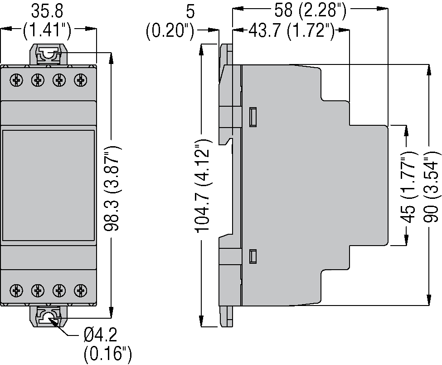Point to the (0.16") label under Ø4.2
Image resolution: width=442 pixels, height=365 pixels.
(107, 354)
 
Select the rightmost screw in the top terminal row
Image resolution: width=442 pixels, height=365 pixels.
(81, 80)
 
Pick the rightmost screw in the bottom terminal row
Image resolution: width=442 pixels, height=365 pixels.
(81, 289)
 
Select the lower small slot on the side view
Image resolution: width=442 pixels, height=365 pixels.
(254, 256)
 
